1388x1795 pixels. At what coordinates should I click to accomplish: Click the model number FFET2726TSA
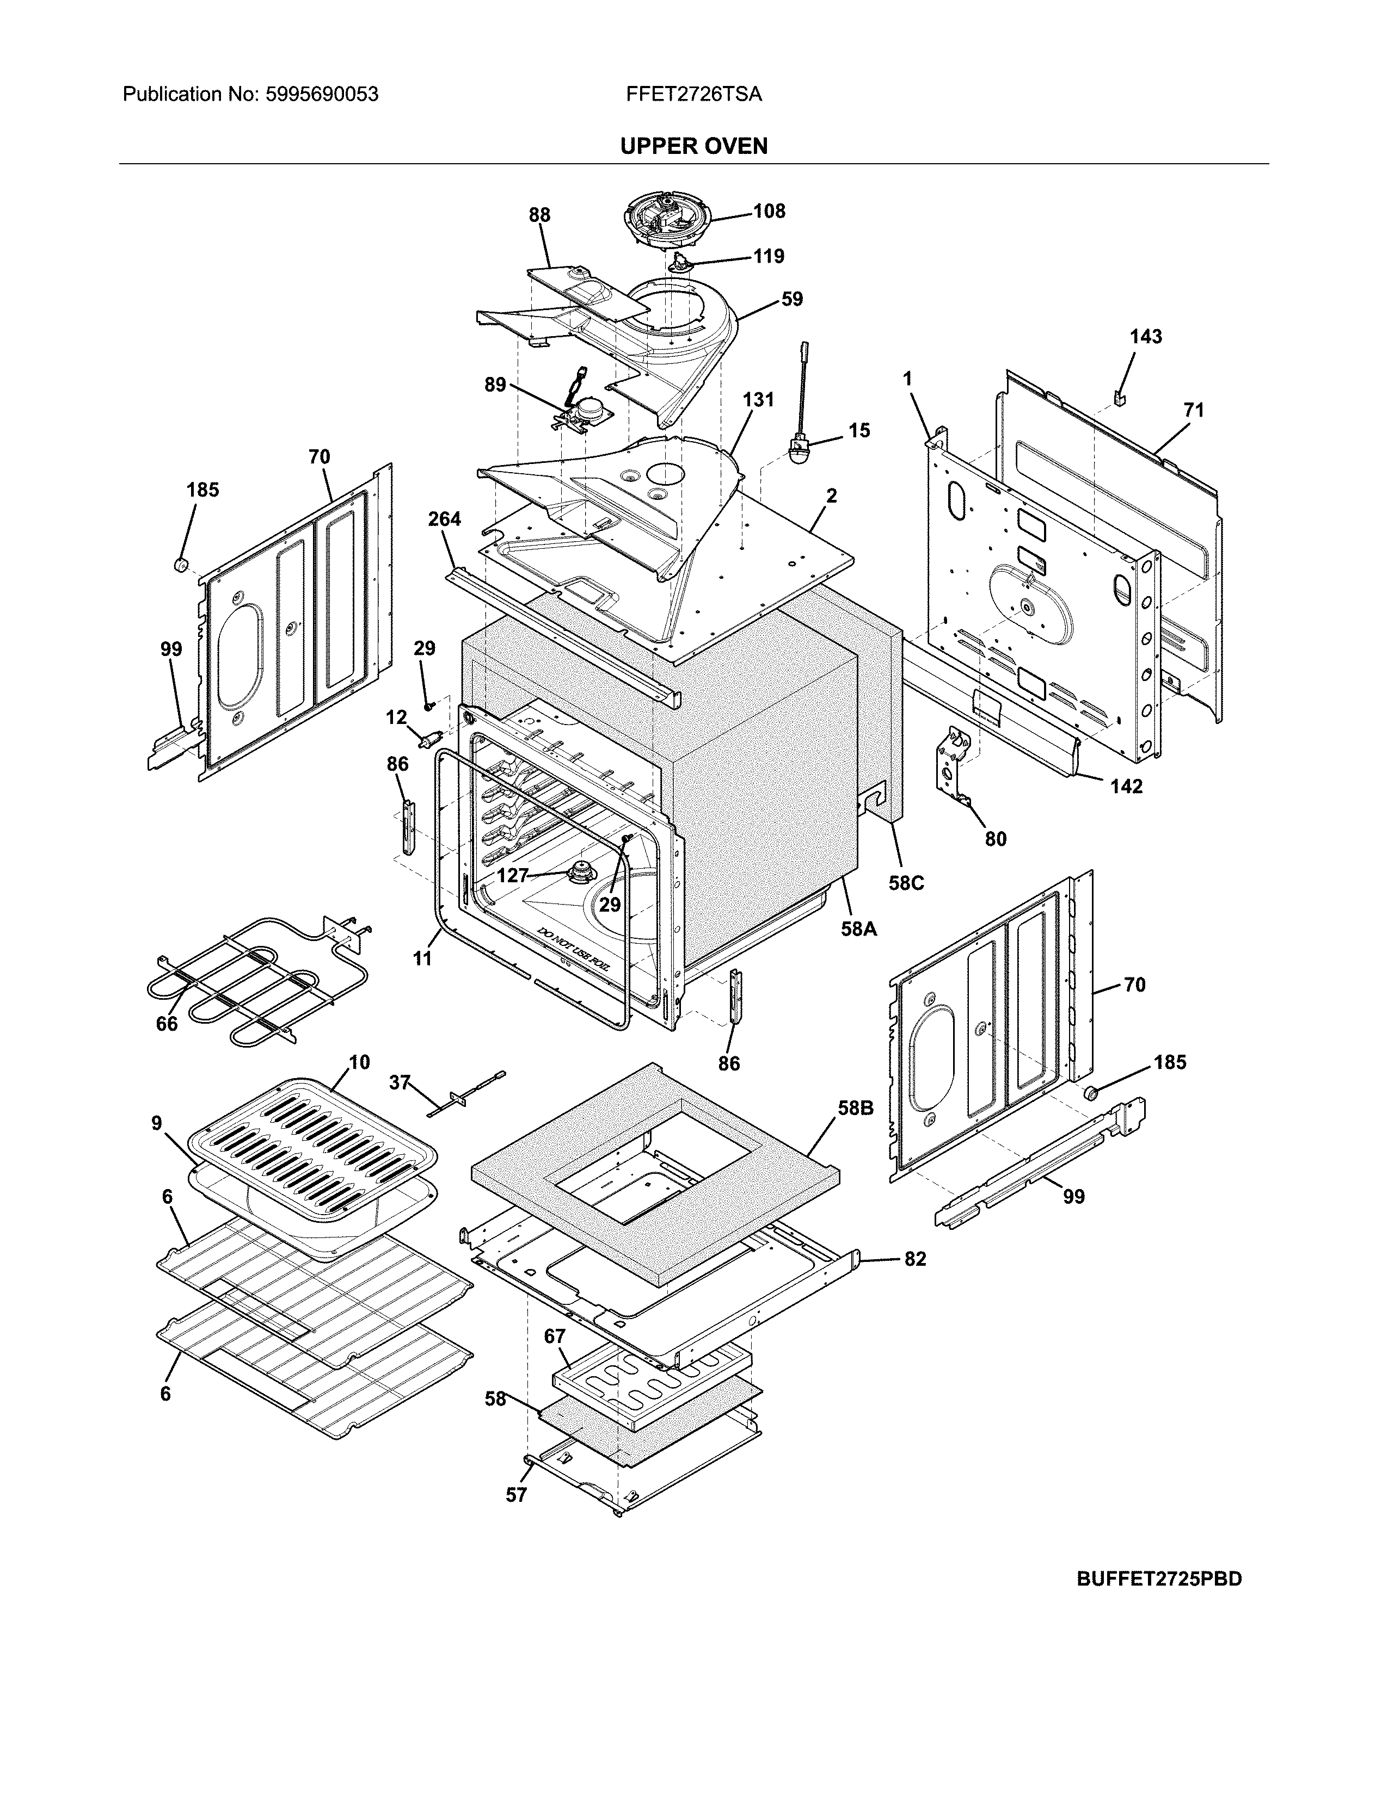point(693,95)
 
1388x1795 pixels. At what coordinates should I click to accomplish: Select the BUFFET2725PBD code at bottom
point(1159,1579)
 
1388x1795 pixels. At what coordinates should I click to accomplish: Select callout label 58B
point(855,1108)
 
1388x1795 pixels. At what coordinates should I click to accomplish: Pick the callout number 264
point(444,518)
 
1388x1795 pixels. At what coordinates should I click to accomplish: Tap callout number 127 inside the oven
point(512,875)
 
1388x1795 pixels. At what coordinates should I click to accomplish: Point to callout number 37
point(399,1082)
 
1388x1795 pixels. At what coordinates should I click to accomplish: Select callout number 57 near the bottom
point(515,1495)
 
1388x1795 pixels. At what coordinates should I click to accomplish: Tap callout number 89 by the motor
point(494,384)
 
